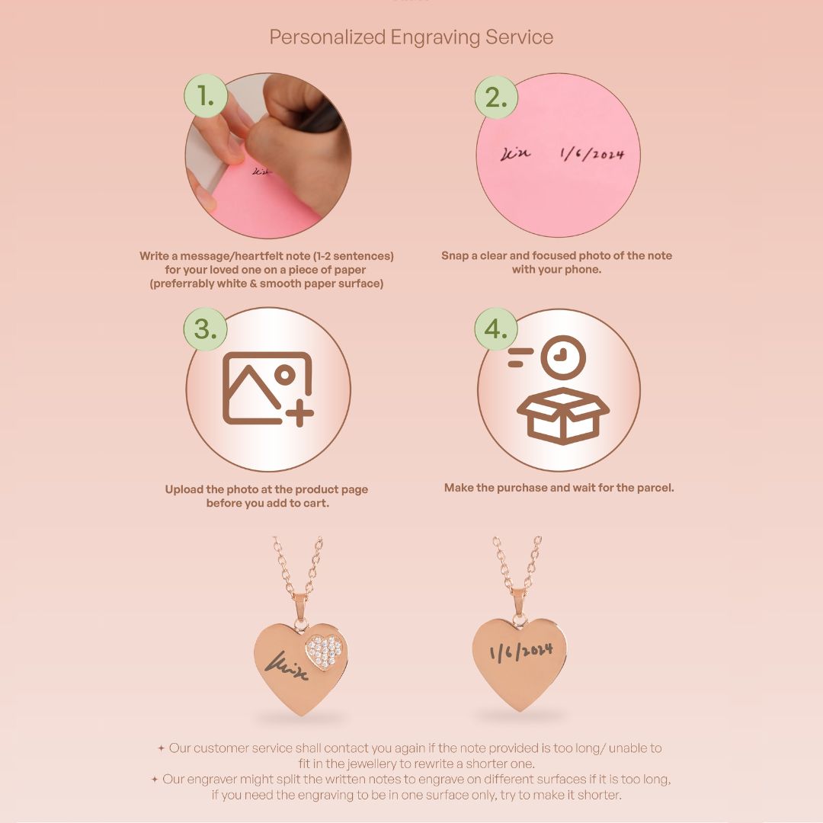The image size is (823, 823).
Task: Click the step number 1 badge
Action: [x=206, y=97]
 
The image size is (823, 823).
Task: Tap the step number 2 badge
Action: [x=496, y=97]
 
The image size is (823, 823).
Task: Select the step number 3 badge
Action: [x=206, y=329]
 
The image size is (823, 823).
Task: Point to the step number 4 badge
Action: [x=496, y=329]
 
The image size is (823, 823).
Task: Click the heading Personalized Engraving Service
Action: [x=411, y=37]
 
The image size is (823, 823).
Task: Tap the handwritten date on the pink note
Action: [x=592, y=153]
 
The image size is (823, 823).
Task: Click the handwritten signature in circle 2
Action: [x=516, y=154]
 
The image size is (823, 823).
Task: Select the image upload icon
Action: [x=267, y=387]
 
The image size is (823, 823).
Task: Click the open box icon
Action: [x=563, y=415]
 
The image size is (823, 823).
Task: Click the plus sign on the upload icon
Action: [x=298, y=415]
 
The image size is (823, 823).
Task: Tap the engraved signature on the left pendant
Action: [x=286, y=665]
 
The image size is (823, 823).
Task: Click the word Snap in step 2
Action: [x=456, y=256]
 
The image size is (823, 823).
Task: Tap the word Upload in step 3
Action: [x=184, y=489]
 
